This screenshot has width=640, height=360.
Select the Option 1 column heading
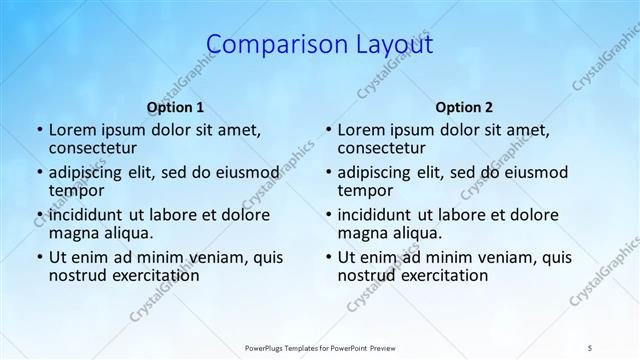click(175, 107)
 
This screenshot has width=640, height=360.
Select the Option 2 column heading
click(464, 107)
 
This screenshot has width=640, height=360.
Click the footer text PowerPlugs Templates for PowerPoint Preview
click(319, 347)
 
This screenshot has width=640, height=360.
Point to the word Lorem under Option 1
click(72, 129)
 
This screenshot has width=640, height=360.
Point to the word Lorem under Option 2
click(361, 129)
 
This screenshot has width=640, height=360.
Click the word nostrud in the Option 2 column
click(366, 275)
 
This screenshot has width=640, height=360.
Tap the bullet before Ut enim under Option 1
click(38, 257)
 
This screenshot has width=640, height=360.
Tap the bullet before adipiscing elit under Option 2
click(327, 172)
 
